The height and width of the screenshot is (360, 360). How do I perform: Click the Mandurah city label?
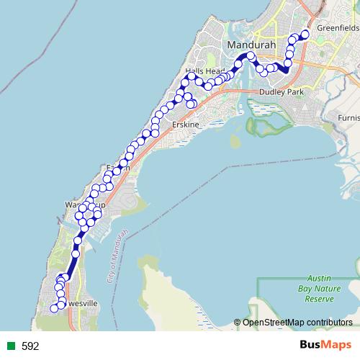(x=248, y=45)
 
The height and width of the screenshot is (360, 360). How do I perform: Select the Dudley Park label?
(x=282, y=92)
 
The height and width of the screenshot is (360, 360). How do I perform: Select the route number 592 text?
(x=30, y=346)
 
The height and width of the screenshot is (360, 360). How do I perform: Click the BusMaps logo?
(x=325, y=346)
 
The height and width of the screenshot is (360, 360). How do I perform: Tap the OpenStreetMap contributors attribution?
(x=297, y=323)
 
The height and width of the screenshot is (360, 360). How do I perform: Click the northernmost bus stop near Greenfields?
(x=305, y=34)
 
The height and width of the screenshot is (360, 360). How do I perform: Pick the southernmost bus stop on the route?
(x=53, y=308)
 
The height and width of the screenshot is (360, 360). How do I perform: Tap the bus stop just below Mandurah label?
(x=250, y=55)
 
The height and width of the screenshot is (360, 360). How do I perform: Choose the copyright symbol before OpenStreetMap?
(x=238, y=323)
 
